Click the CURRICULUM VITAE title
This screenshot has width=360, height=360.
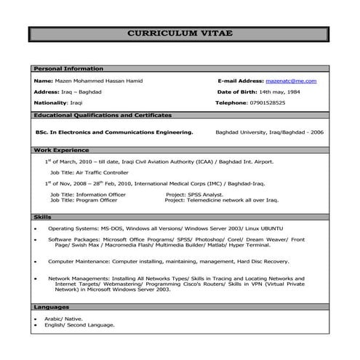180,34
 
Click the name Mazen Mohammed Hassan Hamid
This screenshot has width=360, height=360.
100,81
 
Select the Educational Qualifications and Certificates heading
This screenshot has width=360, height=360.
103,116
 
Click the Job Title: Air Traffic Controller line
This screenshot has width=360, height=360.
89,173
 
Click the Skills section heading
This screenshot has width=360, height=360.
42,217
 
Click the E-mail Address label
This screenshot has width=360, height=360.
240,81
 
